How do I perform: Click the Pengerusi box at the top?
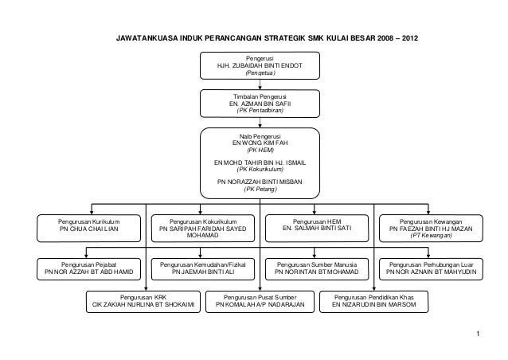(260, 65)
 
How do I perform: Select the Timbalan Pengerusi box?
(260, 104)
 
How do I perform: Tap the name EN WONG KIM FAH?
(260, 143)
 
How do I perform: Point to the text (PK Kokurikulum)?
(260, 169)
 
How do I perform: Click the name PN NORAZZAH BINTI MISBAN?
(260, 182)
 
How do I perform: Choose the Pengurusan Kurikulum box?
(88, 228)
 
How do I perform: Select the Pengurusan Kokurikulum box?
(203, 228)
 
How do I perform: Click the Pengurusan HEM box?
(317, 228)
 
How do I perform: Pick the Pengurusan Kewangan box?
(431, 228)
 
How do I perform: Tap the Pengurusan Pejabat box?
(88, 269)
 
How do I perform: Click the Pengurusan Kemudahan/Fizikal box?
(203, 269)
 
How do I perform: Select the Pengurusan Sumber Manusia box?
(317, 269)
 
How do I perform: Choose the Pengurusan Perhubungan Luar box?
(431, 269)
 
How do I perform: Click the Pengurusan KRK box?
(143, 302)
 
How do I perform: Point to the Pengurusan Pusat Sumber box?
(260, 302)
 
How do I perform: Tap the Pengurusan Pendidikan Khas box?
(374, 302)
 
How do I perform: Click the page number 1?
(478, 334)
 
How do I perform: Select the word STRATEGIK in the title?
(284, 38)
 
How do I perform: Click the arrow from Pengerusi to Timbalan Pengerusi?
(260, 84)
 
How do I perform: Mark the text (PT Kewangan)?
(431, 236)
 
